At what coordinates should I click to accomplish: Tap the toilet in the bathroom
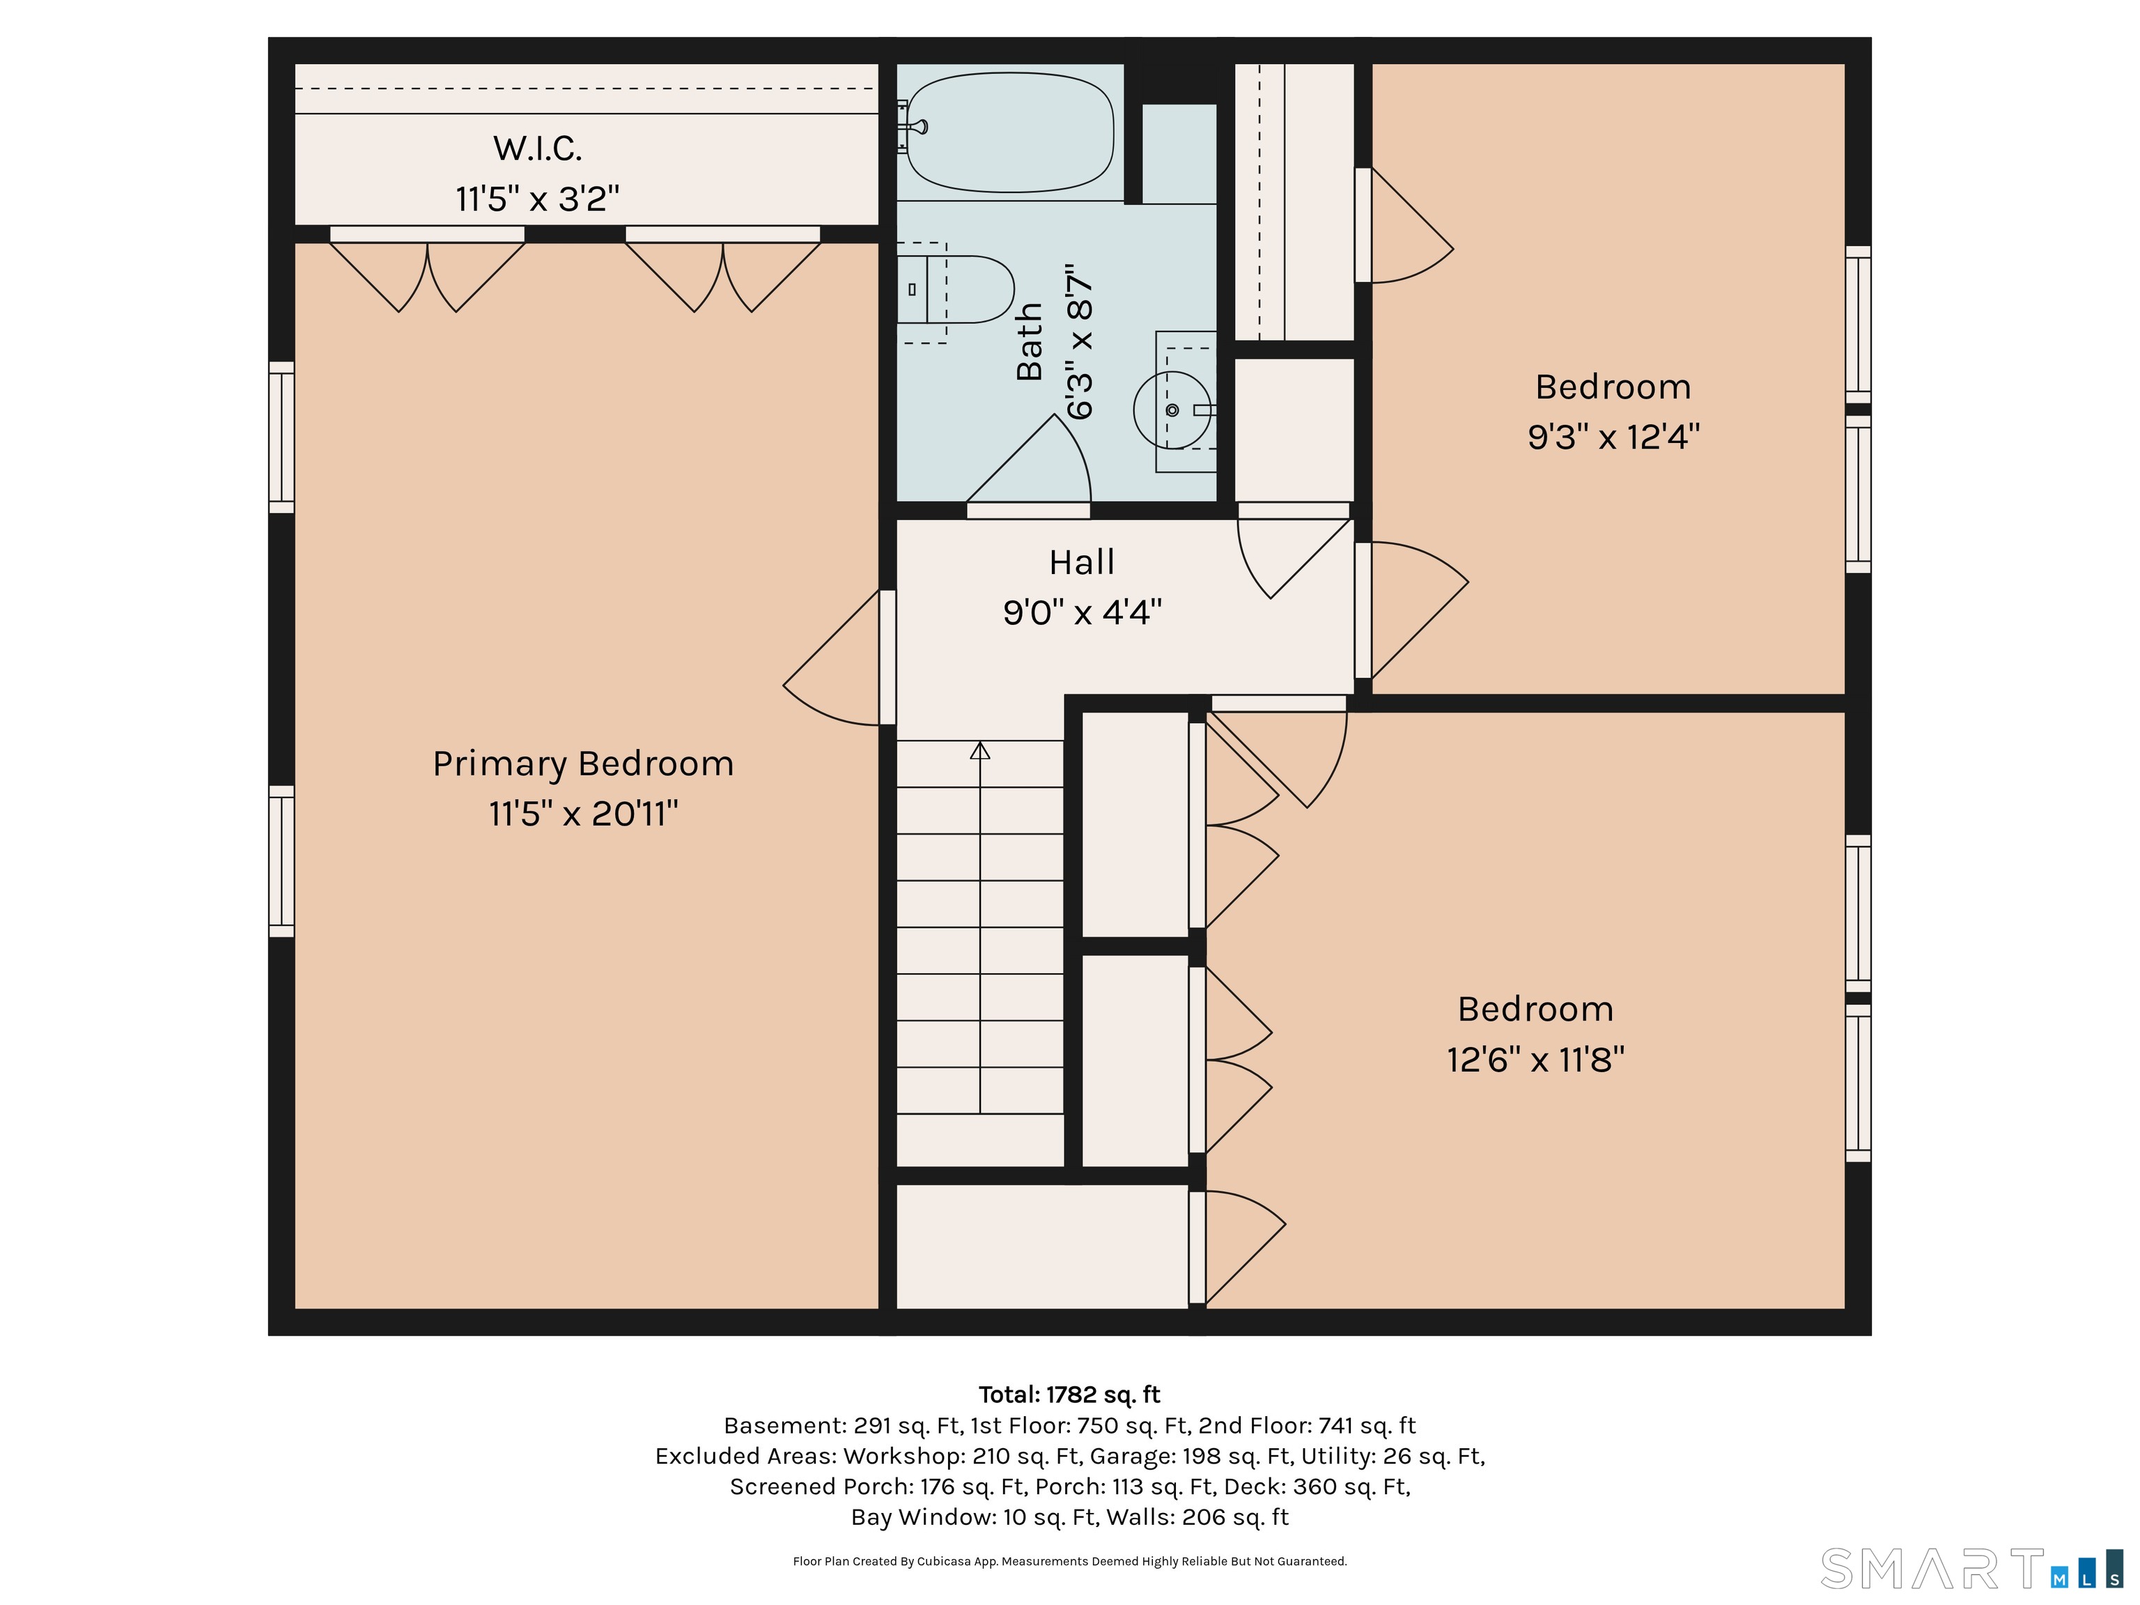pyautogui.click(x=955, y=289)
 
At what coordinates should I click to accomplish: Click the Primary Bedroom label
pyautogui.click(x=582, y=764)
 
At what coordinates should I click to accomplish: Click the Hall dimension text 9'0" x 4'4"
pyautogui.click(x=1082, y=612)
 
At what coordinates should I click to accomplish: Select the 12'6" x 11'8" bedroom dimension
pyautogui.click(x=1535, y=1060)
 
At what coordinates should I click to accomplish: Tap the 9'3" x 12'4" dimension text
pyautogui.click(x=1613, y=437)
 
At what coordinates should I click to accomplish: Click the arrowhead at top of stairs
pyautogui.click(x=980, y=750)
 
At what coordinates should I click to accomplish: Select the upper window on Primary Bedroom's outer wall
pyautogui.click(x=281, y=437)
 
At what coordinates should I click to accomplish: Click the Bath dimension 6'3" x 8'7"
pyautogui.click(x=1080, y=341)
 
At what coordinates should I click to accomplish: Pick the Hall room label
pyautogui.click(x=1082, y=562)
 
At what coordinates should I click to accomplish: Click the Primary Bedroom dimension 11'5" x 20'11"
pyautogui.click(x=583, y=814)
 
